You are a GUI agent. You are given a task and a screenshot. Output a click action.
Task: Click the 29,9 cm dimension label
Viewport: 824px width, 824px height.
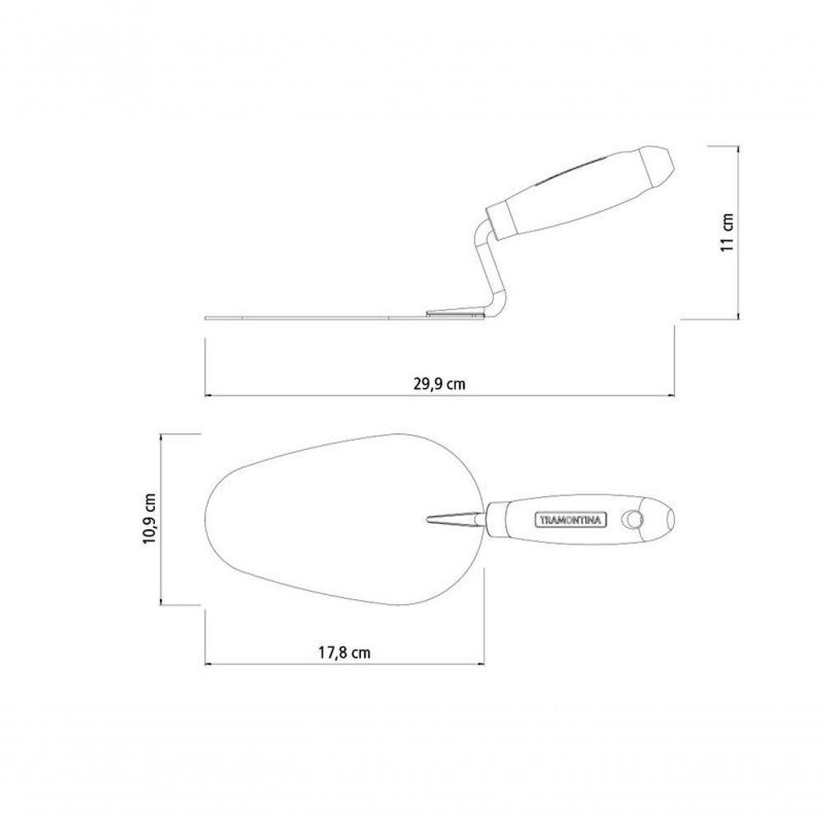click(x=439, y=384)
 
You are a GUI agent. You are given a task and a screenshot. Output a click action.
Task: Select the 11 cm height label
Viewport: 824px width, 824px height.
click(x=726, y=232)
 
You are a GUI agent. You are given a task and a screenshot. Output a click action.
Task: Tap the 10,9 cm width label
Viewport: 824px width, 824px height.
click(x=149, y=518)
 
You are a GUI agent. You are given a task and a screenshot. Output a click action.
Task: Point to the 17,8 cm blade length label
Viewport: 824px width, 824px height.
click(x=344, y=653)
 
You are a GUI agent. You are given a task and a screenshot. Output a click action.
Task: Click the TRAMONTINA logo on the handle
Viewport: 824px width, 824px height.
click(x=571, y=520)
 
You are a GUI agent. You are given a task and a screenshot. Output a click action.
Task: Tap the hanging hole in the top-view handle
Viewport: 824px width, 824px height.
click(x=632, y=519)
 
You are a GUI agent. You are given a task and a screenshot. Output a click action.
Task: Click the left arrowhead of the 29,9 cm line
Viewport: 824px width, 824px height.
click(x=208, y=396)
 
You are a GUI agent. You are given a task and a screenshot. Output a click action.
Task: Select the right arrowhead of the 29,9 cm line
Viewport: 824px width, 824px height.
click(x=671, y=396)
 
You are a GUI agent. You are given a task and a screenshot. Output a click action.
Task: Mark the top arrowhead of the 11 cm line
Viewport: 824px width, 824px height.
click(x=739, y=149)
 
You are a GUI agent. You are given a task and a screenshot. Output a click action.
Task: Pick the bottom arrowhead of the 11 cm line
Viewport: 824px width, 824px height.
click(x=739, y=316)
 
